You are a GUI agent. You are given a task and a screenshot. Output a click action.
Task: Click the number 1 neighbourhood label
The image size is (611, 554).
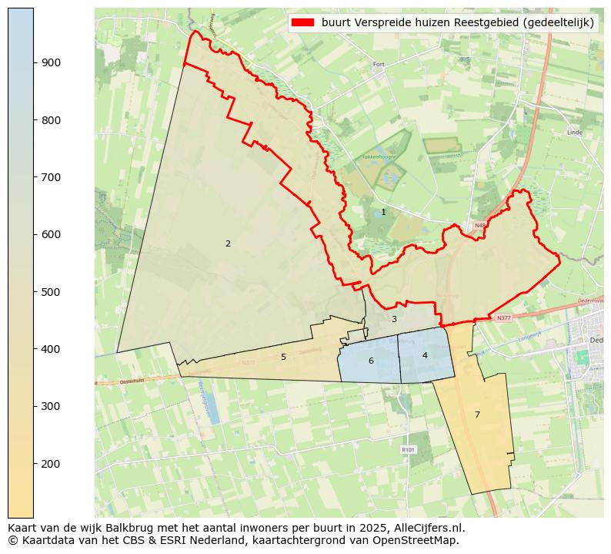coord(383,212)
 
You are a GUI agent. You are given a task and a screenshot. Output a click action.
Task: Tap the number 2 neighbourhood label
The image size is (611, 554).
coord(228,243)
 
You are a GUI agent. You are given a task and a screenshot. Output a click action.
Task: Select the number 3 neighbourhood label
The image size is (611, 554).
coord(394,319)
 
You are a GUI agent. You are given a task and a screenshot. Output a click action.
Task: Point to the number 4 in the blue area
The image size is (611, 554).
coord(425,355)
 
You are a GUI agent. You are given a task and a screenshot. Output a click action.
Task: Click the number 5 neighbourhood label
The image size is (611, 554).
coord(283,357)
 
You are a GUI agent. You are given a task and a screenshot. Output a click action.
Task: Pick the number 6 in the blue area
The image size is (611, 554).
coord(371,361)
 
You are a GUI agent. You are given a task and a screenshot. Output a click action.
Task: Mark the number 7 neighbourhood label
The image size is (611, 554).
coord(477,415)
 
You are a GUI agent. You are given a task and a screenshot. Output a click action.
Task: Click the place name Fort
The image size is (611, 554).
coord(378,65)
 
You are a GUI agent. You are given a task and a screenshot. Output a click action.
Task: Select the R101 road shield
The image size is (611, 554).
coord(408,449)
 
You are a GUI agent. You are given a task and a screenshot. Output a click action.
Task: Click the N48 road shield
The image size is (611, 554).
coord(480,226)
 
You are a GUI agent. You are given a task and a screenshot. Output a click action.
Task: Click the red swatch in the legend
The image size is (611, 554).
coord(303,23)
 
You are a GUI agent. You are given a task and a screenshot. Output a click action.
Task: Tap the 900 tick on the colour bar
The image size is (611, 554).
coord(51,62)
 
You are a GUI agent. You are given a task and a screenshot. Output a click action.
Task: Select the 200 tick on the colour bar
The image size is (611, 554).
coord(51,463)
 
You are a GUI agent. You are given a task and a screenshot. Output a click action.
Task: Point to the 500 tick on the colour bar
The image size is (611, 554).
coord(51,291)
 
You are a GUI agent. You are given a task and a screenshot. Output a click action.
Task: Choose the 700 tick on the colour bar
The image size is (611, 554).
coord(51,177)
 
